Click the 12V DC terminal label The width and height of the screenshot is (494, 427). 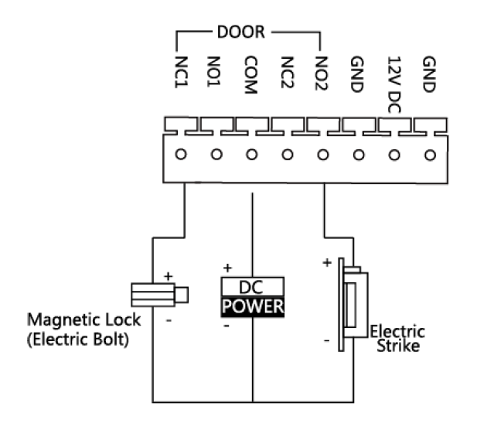coord(393,84)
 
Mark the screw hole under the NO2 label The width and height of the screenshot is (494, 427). coord(322,154)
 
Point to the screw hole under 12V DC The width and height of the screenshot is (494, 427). coord(393,154)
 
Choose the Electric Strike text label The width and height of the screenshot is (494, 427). coord(397,339)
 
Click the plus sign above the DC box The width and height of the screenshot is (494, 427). coord(227,268)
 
